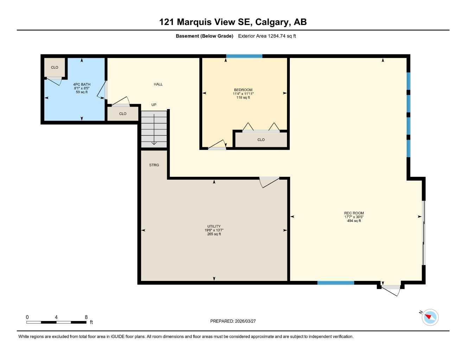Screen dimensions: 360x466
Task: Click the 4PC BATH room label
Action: pos(82,84)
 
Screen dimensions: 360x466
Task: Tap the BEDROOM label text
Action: pos(243,90)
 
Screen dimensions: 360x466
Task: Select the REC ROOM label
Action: pos(354,213)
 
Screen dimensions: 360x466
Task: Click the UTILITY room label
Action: pos(214,226)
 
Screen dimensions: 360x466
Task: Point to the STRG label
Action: pos(154,165)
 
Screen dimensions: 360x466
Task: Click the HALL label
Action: pos(158,84)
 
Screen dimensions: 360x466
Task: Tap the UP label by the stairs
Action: pos(154,105)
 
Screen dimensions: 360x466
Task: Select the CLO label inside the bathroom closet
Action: pos(55,67)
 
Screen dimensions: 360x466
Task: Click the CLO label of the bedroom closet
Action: pos(261,140)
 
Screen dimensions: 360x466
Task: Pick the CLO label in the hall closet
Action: pos(123,114)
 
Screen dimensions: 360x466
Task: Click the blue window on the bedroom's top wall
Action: pos(244,56)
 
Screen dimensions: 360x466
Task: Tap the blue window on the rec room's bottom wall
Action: pos(336,283)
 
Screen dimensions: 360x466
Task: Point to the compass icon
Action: pos(430,317)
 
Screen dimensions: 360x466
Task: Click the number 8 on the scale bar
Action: pos(86,317)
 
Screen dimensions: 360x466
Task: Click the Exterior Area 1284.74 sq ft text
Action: pos(267,36)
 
